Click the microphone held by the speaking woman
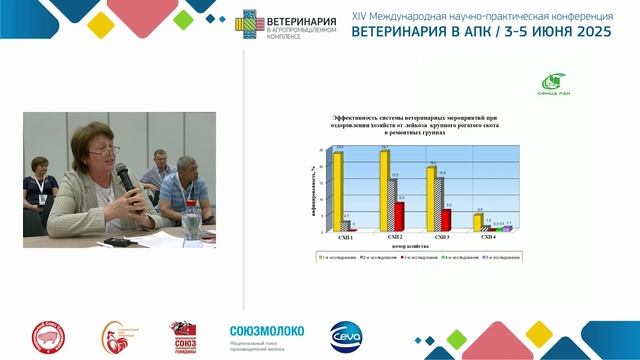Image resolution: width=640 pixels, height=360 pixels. click(x=124, y=179)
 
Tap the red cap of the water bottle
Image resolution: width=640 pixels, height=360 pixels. click(x=190, y=202)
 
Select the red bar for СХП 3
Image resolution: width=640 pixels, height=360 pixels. click(x=446, y=220)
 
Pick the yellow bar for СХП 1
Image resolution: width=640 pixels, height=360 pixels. click(x=339, y=190)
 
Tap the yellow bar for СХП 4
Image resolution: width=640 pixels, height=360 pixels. click(x=478, y=222)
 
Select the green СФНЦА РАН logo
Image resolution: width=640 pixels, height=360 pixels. click(x=556, y=83)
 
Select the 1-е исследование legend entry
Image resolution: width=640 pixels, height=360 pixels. click(x=335, y=256)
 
